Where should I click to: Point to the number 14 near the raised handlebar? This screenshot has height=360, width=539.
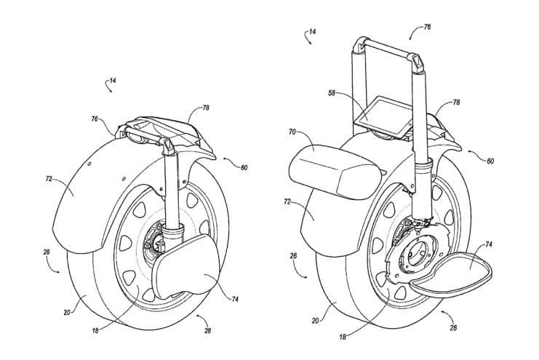pos(311,33)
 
